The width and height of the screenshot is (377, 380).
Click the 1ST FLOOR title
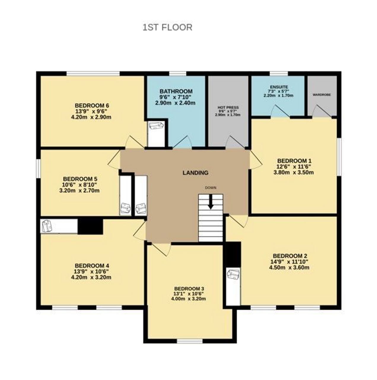(167, 27)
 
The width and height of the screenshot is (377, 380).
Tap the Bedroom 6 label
(92, 105)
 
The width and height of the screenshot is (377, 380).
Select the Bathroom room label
(176, 91)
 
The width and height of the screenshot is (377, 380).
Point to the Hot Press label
(228, 107)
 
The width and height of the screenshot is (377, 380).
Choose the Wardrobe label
(322, 95)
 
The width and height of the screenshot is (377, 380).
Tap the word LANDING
(195, 173)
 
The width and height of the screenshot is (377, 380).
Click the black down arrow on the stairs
(211, 202)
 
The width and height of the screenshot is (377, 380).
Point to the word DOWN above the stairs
(211, 188)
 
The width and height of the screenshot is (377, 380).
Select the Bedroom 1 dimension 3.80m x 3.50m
(293, 172)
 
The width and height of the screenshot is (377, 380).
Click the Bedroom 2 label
(290, 256)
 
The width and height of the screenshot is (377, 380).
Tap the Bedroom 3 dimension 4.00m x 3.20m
(188, 299)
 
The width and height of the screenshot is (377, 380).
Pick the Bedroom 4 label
(92, 265)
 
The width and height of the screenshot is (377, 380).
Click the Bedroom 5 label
(80, 179)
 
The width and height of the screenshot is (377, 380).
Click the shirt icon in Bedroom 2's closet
(233, 274)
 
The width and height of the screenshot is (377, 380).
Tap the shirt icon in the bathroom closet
(156, 125)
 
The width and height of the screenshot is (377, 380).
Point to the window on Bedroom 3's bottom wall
(190, 341)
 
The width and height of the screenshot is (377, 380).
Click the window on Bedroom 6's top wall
(93, 74)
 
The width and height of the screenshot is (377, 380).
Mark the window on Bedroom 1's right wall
(339, 157)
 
